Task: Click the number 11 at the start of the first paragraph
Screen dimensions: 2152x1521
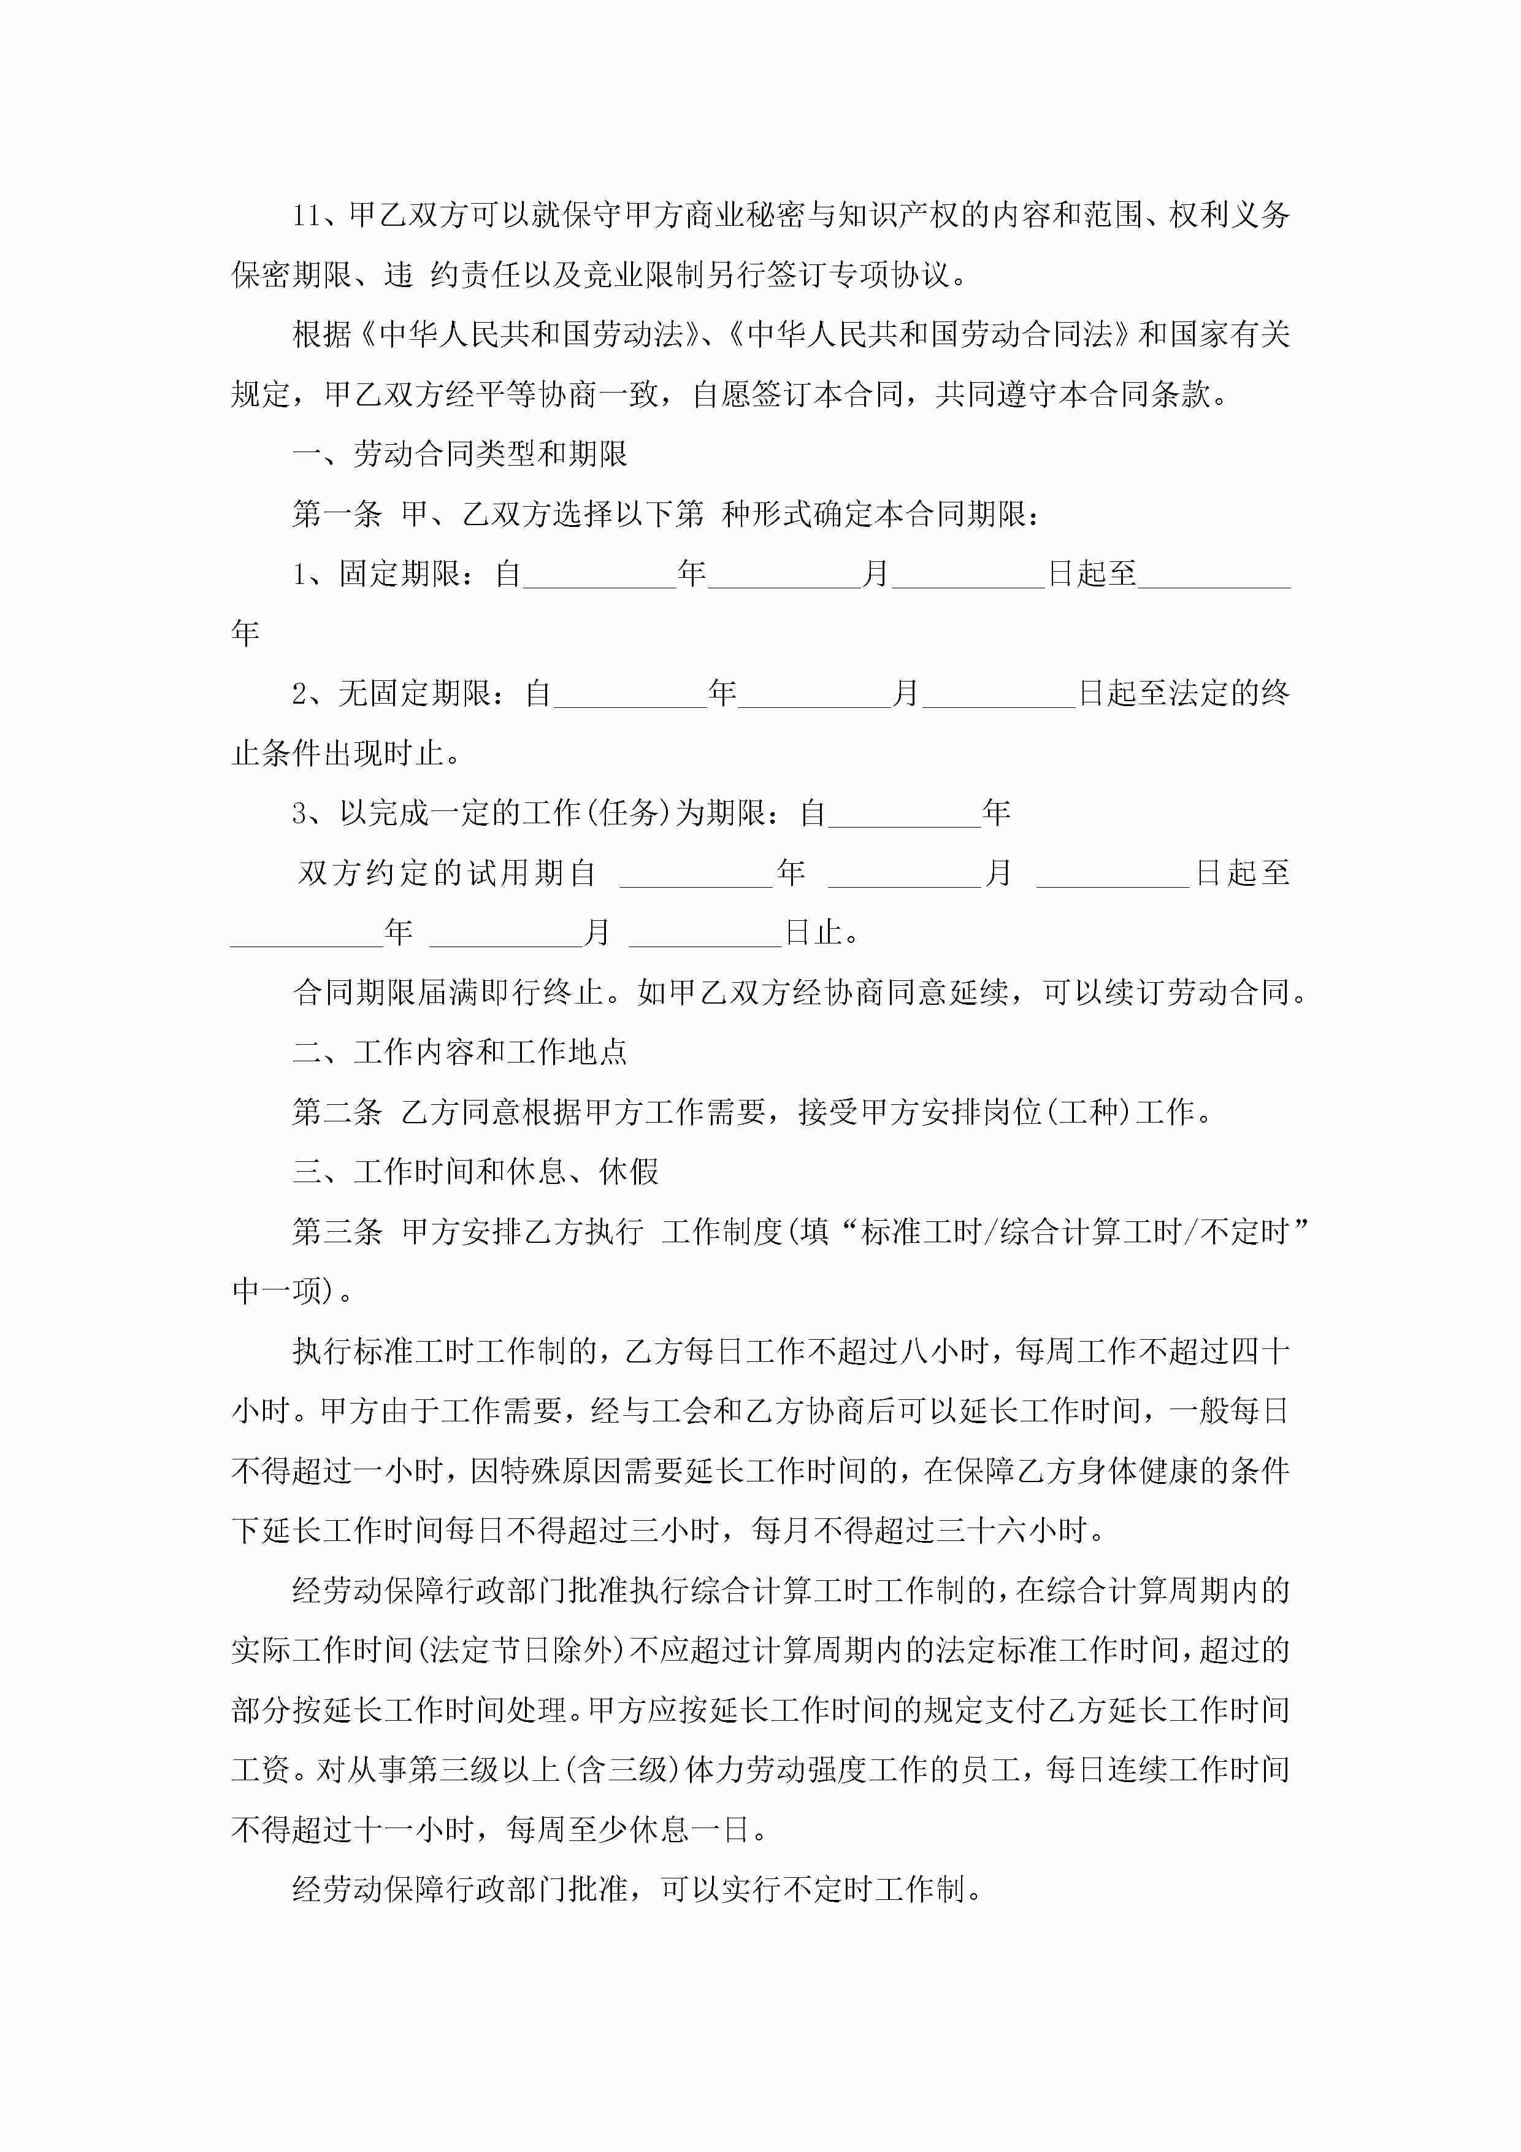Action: coord(307,215)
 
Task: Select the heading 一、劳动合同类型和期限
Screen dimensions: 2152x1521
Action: coord(459,455)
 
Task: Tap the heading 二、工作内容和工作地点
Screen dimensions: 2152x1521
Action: coord(459,1051)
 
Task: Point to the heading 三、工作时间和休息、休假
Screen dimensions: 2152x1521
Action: coord(475,1172)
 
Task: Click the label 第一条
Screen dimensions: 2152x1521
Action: coord(337,513)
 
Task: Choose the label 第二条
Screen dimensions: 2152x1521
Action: coord(337,1112)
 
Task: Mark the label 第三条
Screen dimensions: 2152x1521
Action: coord(337,1232)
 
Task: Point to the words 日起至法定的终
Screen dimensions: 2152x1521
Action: coord(1184,694)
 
